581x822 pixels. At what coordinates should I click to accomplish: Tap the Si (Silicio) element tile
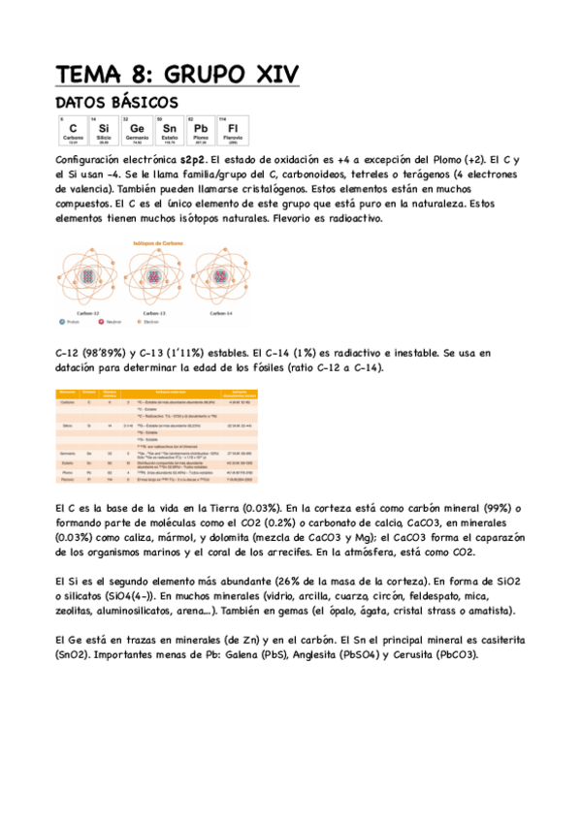point(103,129)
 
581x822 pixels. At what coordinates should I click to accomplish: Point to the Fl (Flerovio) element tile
point(233,129)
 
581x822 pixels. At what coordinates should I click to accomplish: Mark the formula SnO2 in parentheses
point(75,654)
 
